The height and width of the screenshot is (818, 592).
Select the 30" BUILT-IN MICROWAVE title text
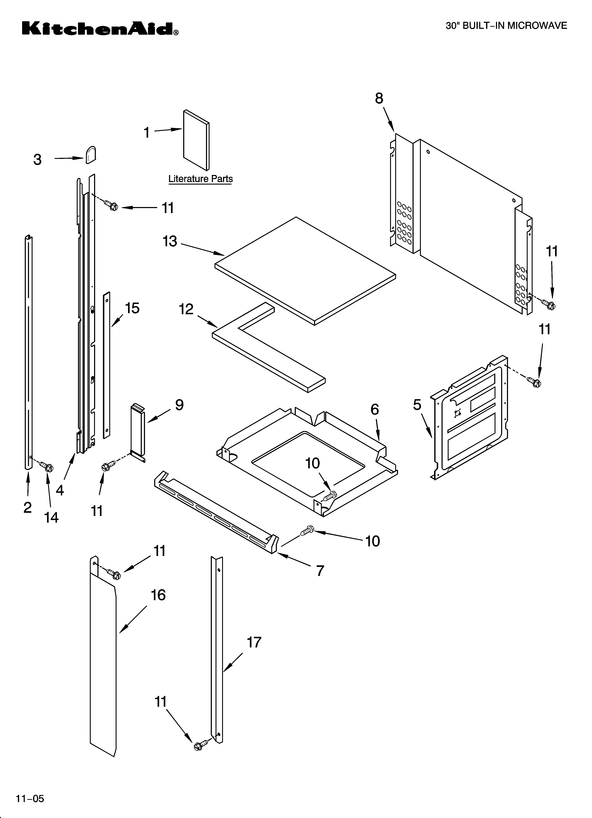click(x=506, y=26)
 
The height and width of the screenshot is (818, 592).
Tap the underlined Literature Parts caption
click(x=201, y=179)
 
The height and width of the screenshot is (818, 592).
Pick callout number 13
click(x=169, y=241)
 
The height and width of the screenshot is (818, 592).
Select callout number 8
click(x=379, y=98)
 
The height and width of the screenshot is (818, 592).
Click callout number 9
click(x=179, y=405)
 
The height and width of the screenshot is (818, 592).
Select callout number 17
click(x=254, y=642)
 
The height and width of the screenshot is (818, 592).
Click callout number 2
click(x=27, y=507)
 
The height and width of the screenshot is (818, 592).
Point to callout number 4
click(x=60, y=490)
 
